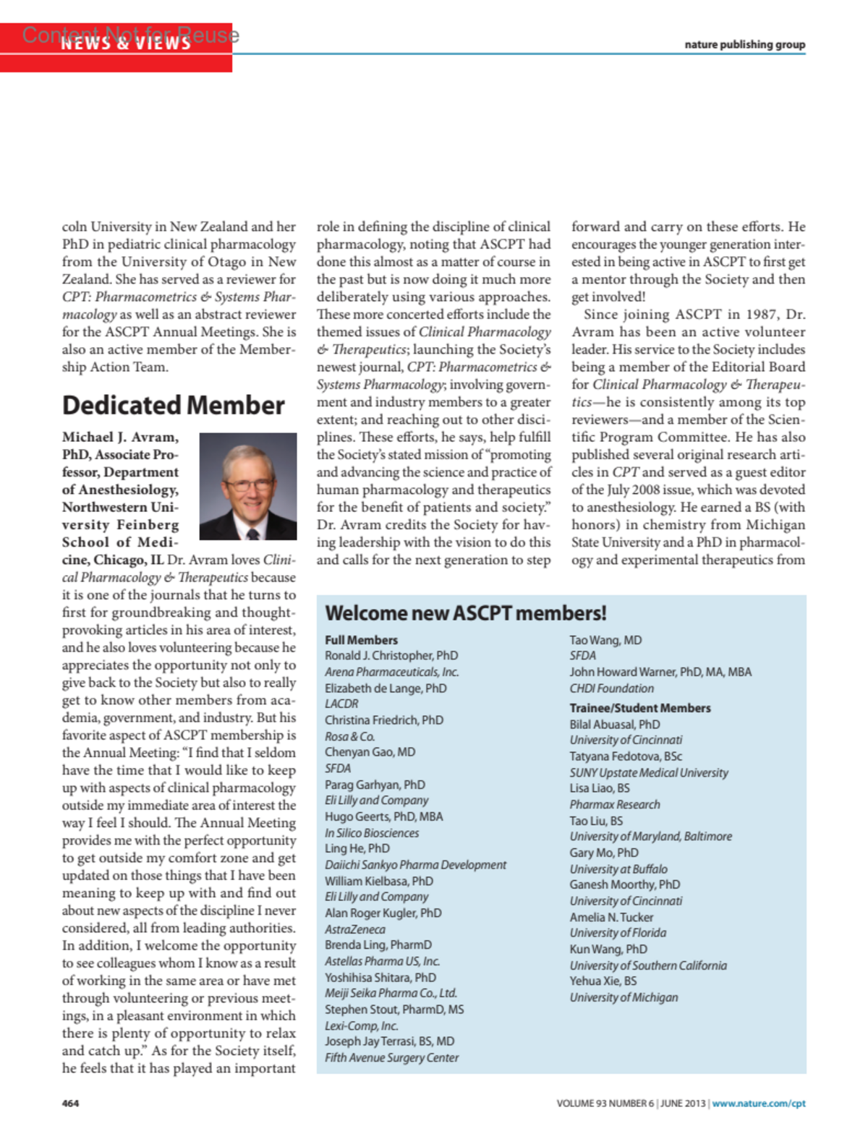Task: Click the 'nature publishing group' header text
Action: click(x=744, y=45)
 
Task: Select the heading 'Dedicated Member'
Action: click(x=173, y=406)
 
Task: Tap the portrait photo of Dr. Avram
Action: click(x=247, y=486)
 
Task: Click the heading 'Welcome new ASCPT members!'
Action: click(x=465, y=613)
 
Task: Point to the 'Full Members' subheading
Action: click(x=361, y=640)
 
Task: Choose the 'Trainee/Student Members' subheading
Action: click(x=639, y=708)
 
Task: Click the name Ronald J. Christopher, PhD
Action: click(x=391, y=656)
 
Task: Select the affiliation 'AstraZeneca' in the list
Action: click(x=354, y=929)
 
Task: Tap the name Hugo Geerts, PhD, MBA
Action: click(x=383, y=816)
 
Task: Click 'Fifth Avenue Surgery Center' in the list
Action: click(x=391, y=1057)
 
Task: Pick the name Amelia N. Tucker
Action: click(x=610, y=917)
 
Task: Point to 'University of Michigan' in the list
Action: click(x=624, y=997)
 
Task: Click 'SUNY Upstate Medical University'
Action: click(x=648, y=772)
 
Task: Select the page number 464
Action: click(x=70, y=1104)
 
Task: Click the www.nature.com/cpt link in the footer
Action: click(x=758, y=1104)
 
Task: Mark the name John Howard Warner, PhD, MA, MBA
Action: click(x=660, y=672)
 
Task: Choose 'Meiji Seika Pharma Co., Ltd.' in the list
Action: click(x=391, y=993)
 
